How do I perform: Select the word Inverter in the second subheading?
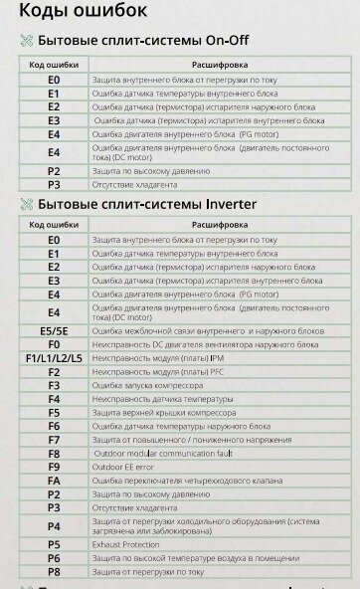tap(223, 204)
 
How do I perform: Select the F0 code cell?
tap(54, 344)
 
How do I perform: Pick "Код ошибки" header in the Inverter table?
tap(54, 226)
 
